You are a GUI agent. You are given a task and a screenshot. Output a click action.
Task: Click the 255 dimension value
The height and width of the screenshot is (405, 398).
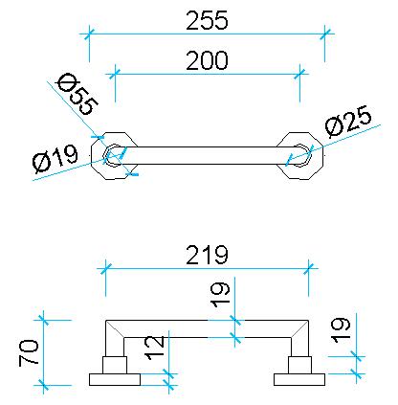[x=207, y=20]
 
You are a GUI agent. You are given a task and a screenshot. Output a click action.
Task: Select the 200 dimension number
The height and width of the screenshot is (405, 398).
[x=207, y=60]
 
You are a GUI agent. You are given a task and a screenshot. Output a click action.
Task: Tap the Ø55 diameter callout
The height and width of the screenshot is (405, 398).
[x=77, y=94]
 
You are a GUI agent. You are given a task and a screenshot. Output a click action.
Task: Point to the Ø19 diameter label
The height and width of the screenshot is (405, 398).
[x=55, y=158]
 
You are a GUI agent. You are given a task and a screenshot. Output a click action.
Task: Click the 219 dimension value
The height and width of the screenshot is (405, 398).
[x=207, y=255]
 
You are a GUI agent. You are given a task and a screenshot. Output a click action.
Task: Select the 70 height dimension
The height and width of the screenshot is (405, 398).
[x=29, y=352]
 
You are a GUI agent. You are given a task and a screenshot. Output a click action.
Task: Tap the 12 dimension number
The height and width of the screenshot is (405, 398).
[x=155, y=348]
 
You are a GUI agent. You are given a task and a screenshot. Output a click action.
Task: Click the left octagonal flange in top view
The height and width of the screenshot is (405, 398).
[x=115, y=155]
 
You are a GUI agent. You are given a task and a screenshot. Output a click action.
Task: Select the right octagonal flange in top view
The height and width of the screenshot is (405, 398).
[x=300, y=155]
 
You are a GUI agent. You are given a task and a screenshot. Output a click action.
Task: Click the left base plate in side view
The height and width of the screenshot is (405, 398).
[x=115, y=380]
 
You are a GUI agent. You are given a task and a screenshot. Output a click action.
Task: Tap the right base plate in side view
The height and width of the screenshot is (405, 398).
[x=299, y=380]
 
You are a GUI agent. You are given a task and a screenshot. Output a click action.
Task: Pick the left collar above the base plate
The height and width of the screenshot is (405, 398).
[x=115, y=365]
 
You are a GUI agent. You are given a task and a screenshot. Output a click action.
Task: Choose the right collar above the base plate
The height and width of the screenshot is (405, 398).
[x=299, y=365]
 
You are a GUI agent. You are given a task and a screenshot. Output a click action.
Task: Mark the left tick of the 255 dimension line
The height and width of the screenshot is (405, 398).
[x=89, y=34]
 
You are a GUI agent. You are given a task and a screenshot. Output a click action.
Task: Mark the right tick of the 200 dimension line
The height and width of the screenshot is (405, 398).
[x=299, y=74]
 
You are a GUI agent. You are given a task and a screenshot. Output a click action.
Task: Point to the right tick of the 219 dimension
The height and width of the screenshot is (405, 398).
[x=308, y=268]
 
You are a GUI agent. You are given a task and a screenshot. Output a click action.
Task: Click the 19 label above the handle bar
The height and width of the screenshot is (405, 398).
[x=221, y=295]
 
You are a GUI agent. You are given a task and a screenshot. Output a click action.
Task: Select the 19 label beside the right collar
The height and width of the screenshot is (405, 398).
[x=341, y=330]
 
